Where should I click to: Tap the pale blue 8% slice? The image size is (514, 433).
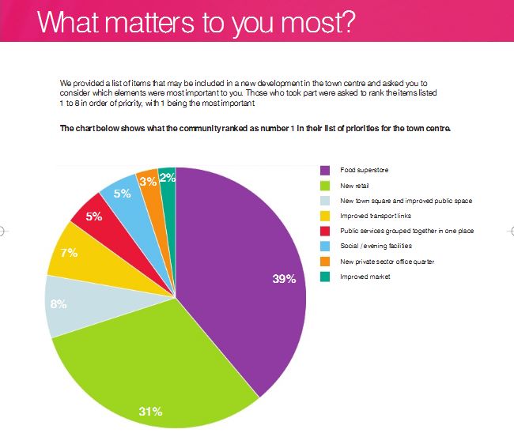pos(67,304)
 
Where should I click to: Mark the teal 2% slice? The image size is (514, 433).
pos(168,177)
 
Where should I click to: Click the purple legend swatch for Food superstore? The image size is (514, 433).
pos(324,171)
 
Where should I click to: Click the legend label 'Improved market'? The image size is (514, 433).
pos(365,277)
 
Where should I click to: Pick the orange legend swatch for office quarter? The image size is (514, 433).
pos(324,261)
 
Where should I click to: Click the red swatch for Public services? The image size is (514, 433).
pos(324,231)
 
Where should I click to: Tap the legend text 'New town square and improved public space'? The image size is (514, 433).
pos(406,201)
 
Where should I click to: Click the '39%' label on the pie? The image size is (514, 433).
pos(284,278)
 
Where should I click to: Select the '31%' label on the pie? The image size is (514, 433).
pos(150,411)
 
